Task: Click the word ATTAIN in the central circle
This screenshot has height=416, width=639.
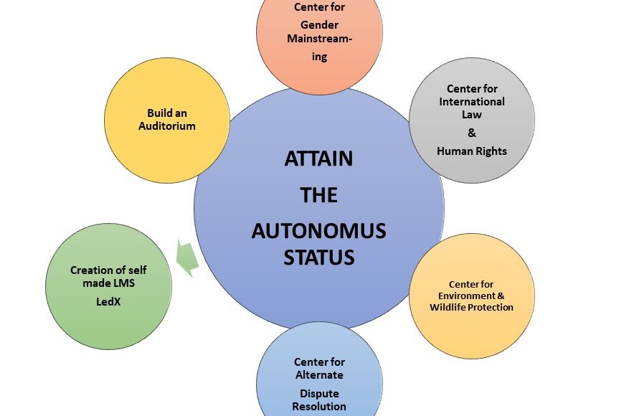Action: pos(318,159)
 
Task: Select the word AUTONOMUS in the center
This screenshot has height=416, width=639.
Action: pos(318,231)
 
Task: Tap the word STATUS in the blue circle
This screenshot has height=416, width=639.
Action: pos(318,257)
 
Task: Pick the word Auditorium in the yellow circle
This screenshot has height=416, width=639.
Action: pos(166,126)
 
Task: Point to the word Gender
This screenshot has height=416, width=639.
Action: pos(319,25)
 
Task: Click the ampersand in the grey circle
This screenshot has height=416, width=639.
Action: pos(471,133)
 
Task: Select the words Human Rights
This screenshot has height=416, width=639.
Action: pos(471,151)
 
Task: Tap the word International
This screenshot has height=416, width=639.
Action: pos(472,101)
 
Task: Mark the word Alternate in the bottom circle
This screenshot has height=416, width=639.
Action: pos(318,375)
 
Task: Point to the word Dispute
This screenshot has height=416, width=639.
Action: pos(318,393)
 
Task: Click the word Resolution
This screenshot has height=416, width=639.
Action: pos(318,407)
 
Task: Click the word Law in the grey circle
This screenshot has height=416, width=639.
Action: pos(471,114)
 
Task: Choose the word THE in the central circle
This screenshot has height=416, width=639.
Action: pos(318,195)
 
